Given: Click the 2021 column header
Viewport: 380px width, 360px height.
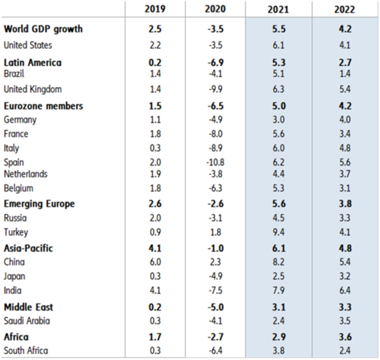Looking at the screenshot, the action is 278,9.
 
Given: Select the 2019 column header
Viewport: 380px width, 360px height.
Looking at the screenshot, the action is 155,9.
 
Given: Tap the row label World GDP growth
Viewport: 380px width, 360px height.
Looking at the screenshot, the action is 43,29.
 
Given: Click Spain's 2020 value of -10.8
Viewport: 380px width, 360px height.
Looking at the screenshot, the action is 215,162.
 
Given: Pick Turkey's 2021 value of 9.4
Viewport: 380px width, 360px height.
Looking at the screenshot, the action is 278,232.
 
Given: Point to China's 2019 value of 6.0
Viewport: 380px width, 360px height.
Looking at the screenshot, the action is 155,262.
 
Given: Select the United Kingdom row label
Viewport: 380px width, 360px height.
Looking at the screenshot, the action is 33,89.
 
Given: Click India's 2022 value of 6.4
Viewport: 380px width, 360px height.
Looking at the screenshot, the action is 344,290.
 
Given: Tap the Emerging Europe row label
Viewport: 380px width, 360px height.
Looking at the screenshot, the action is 39,204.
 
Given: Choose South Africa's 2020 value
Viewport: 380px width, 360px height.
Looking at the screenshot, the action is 215,351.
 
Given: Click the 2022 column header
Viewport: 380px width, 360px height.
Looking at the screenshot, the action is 344,9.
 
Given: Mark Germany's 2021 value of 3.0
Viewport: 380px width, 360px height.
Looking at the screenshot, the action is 278,120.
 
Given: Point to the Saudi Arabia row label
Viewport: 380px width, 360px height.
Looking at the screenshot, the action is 27,321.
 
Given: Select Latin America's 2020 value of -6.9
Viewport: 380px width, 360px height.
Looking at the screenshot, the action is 215,62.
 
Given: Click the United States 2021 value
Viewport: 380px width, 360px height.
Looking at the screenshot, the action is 278,45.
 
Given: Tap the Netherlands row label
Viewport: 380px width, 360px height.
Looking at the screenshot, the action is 25,174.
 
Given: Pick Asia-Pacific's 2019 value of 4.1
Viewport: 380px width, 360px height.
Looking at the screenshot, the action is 155,248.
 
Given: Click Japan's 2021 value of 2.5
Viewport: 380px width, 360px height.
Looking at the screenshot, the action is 278,276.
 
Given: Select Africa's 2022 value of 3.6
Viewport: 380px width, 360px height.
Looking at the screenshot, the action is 344,337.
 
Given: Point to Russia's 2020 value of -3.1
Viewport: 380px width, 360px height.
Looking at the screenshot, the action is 215,218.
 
